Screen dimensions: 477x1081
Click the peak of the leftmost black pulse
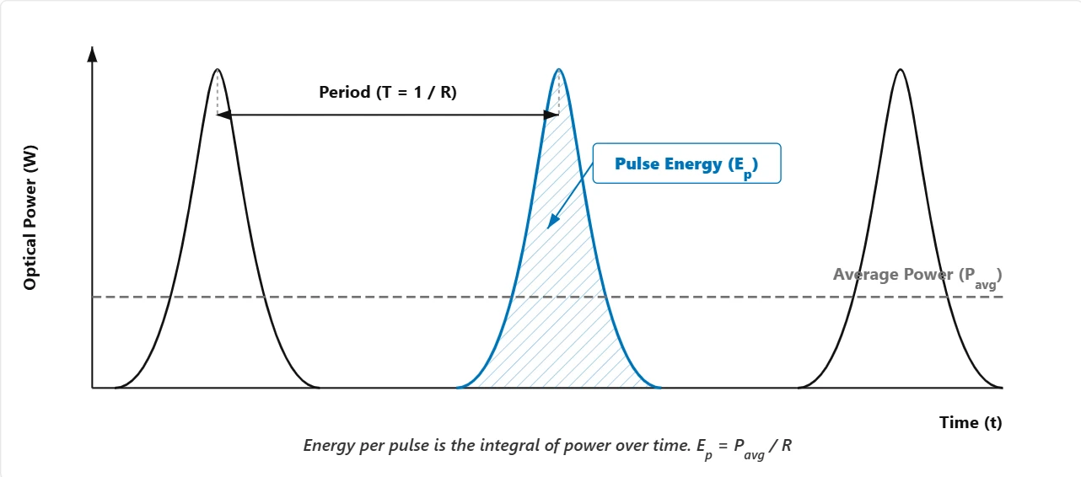point(218,70)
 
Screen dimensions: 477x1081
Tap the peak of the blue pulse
point(558,70)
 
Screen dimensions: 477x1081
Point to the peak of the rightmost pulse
point(900,70)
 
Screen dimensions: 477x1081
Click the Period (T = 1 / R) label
point(388,93)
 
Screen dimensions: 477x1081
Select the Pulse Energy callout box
point(687,164)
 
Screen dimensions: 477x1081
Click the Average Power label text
point(917,276)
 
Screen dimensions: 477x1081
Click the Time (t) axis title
point(971,423)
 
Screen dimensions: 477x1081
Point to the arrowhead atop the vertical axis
point(93,54)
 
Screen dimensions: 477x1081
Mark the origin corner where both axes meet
point(93,388)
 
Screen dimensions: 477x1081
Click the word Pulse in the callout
point(633,164)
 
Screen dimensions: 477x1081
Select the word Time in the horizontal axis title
point(959,423)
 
